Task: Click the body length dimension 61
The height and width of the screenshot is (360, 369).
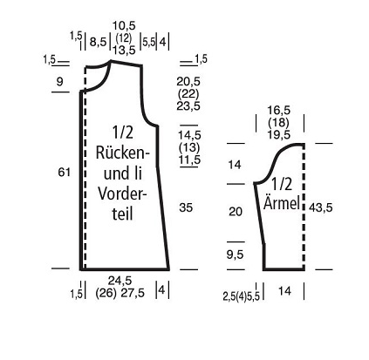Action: [x=64, y=173]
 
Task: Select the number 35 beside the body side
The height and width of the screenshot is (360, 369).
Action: [x=186, y=207]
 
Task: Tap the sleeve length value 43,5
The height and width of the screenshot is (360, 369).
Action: [x=321, y=207]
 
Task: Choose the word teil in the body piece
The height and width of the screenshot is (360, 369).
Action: [x=122, y=214]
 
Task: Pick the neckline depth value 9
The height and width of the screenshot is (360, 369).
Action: [x=59, y=81]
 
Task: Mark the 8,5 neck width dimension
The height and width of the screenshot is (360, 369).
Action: [x=98, y=42]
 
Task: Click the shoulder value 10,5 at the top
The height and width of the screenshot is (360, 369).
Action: [x=124, y=26]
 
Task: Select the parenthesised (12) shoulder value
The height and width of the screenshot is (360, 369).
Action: [x=124, y=37]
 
